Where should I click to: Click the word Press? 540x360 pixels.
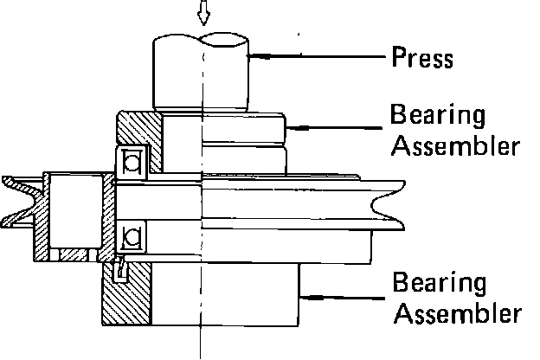[x=423, y=59]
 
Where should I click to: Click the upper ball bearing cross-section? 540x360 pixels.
[x=132, y=161]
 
